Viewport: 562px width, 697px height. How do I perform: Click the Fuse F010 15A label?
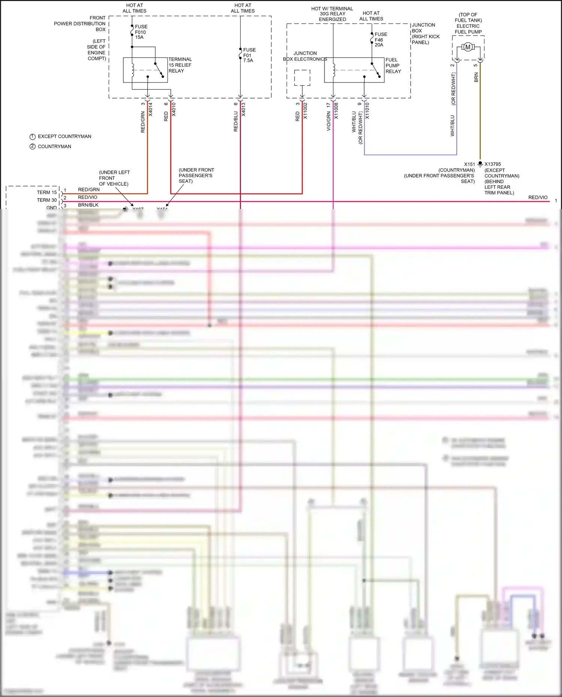[x=141, y=32]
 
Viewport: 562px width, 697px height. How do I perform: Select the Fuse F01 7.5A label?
[x=249, y=55]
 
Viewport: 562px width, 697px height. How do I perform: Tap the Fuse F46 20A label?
[x=381, y=39]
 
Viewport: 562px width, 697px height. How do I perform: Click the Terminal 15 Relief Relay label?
[x=180, y=65]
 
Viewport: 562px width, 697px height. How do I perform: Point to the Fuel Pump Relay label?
[x=393, y=66]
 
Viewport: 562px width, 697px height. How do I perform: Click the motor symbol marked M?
[x=468, y=47]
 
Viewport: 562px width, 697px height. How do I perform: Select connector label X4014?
[x=151, y=109]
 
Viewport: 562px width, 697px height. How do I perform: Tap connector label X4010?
[x=174, y=109]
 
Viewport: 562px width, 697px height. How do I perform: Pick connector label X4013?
[x=244, y=109]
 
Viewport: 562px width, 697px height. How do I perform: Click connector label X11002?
[x=305, y=111]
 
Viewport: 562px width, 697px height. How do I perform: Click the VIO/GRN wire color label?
[x=329, y=121]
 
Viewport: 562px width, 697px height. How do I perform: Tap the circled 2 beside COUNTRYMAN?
[x=33, y=146]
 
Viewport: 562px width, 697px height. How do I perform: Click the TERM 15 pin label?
[x=47, y=193]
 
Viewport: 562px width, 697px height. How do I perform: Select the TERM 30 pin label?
[x=47, y=200]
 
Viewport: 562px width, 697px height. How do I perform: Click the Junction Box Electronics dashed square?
[x=302, y=78]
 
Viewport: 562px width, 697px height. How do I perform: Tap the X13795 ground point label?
[x=492, y=164]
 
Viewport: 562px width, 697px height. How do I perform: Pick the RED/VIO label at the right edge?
[x=538, y=197]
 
